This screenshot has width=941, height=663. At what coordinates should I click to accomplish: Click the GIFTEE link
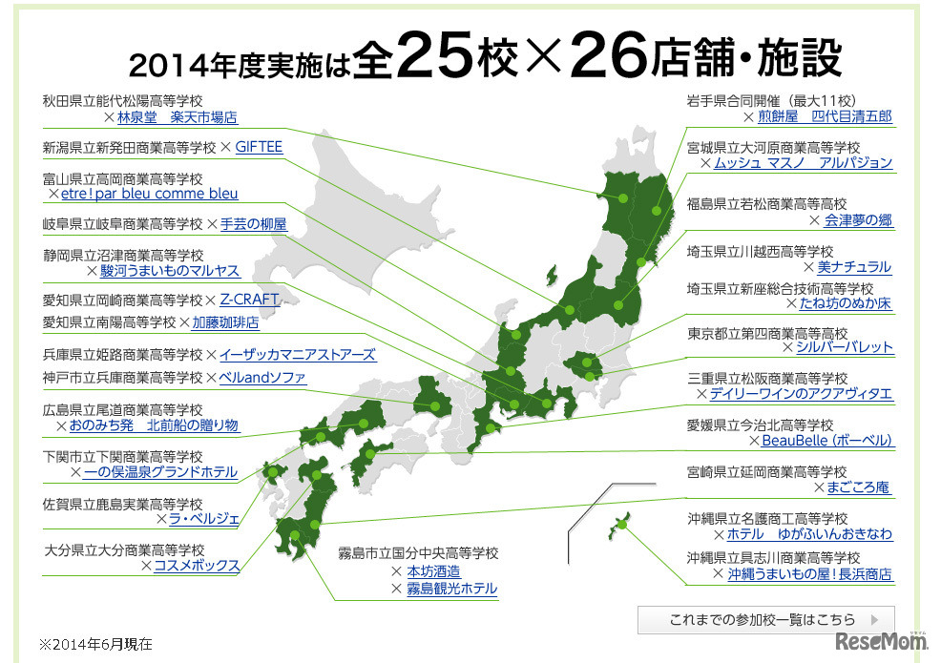[x=259, y=147]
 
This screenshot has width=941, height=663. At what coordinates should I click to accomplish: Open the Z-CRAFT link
[x=249, y=300]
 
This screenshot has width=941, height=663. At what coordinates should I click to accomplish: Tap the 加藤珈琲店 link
[x=225, y=322]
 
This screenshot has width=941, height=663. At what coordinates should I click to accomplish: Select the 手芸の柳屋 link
[x=253, y=224]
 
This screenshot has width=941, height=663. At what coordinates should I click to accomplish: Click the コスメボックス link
[x=197, y=566]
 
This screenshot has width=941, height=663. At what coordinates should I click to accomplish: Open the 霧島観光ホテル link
[x=451, y=589]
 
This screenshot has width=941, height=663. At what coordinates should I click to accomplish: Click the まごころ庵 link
[x=859, y=487]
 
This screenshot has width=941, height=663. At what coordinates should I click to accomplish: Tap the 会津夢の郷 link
[x=858, y=220]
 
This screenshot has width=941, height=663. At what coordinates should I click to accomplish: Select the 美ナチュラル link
[x=854, y=267]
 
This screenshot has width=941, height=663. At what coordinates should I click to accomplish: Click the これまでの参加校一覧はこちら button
[x=766, y=618]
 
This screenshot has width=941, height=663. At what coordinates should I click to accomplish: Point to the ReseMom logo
[x=881, y=642]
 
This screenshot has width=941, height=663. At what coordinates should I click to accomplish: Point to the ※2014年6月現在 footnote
[x=95, y=644]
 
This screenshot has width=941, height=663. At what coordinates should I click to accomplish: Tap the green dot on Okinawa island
[x=621, y=524]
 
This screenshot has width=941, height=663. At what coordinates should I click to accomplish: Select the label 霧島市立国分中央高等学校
[x=418, y=553]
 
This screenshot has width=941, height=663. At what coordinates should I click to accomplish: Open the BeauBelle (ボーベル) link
[x=826, y=441]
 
